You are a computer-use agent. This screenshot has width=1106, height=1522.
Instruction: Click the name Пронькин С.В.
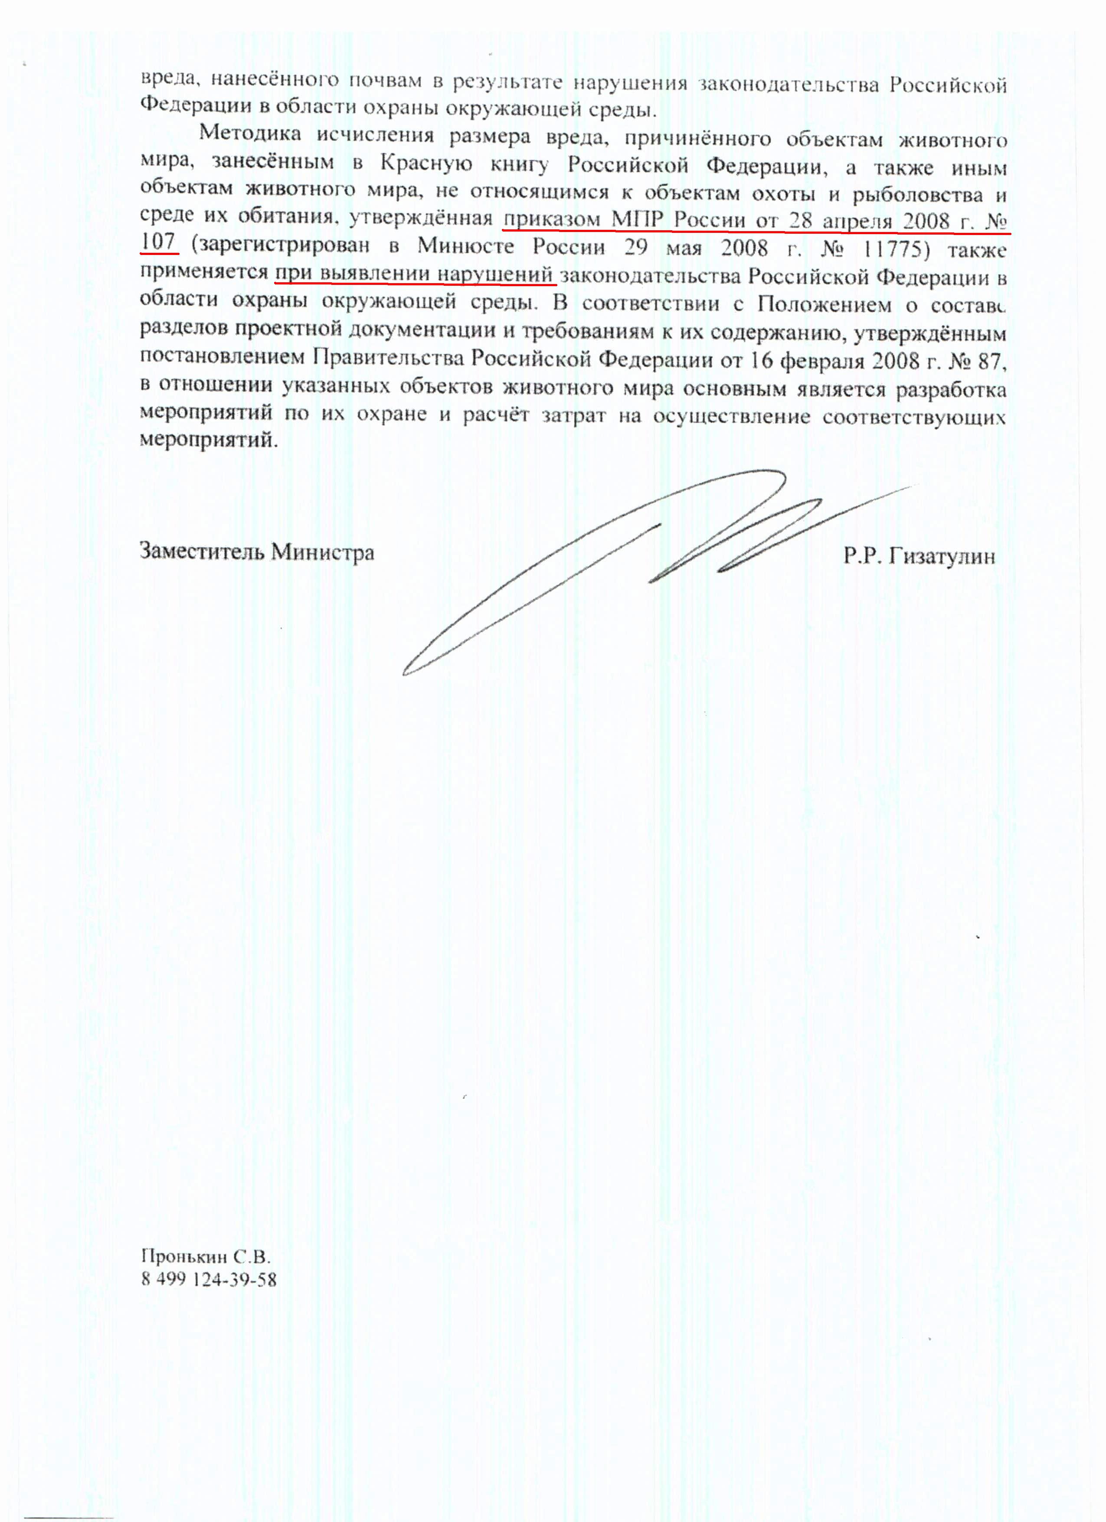205,1256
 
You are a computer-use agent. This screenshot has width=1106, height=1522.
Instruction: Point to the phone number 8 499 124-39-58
209,1279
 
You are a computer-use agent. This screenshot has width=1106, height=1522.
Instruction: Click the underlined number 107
158,242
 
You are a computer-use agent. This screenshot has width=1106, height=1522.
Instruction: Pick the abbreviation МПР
637,220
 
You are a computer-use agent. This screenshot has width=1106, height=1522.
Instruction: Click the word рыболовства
917,195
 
